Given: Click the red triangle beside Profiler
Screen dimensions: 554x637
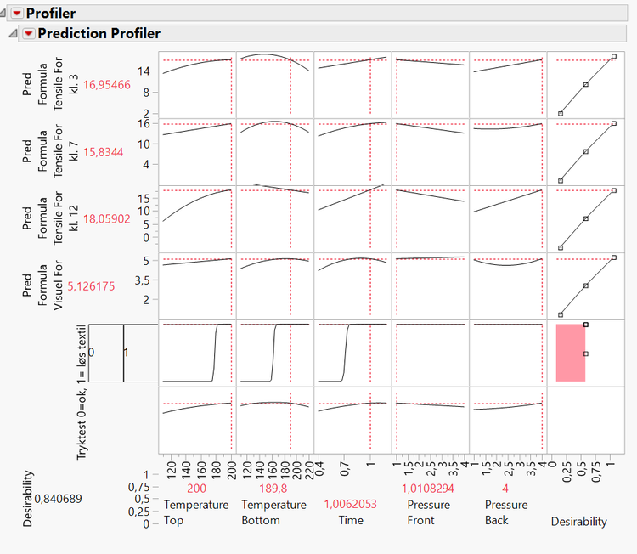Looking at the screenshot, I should (16, 13).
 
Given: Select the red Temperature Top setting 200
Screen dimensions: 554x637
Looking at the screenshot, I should (196, 489).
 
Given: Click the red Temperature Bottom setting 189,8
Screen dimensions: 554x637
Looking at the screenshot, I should (273, 489).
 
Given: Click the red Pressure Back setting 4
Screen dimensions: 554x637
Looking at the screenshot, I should (506, 489).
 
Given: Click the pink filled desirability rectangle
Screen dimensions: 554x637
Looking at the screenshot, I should (570, 353).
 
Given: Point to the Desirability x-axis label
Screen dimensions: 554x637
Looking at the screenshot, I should (579, 522).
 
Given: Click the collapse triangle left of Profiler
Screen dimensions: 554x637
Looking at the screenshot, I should (4, 13).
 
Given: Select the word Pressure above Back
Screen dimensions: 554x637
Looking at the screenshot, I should (506, 505).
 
